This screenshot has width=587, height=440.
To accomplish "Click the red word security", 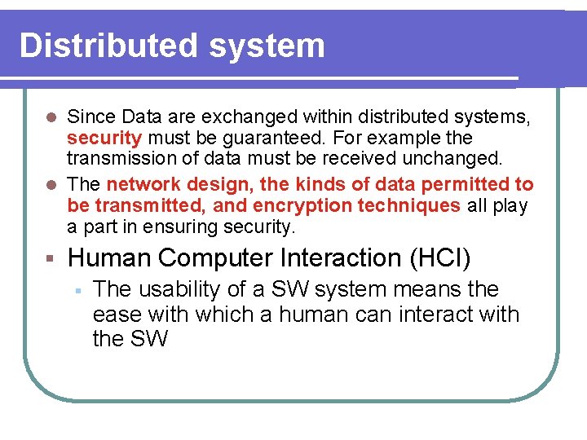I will pyautogui.click(x=104, y=138).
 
